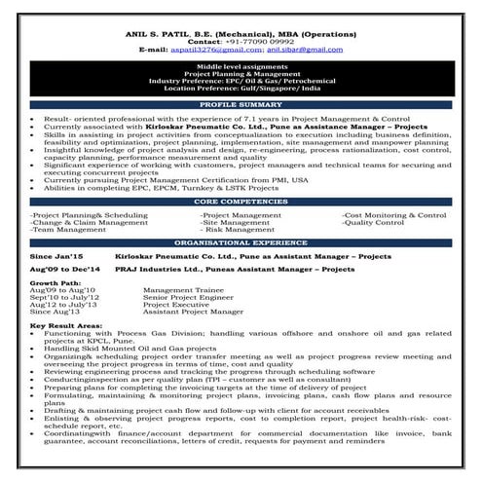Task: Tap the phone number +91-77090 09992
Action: click(259, 41)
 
